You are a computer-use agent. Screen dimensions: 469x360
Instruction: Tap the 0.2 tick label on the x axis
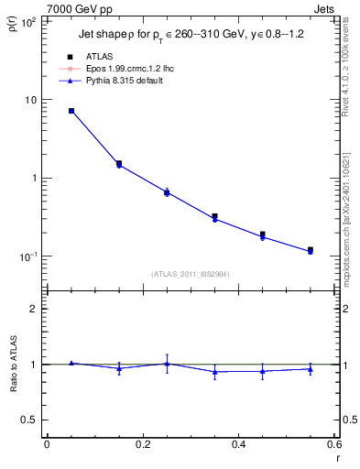[x=142, y=445]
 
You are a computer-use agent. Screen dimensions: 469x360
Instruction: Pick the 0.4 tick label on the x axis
[x=238, y=445]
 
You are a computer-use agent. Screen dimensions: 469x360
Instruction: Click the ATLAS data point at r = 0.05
[x=71, y=111]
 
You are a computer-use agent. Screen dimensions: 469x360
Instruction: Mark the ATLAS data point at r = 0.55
[x=311, y=250]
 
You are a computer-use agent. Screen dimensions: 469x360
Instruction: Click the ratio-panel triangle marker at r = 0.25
[x=167, y=364]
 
